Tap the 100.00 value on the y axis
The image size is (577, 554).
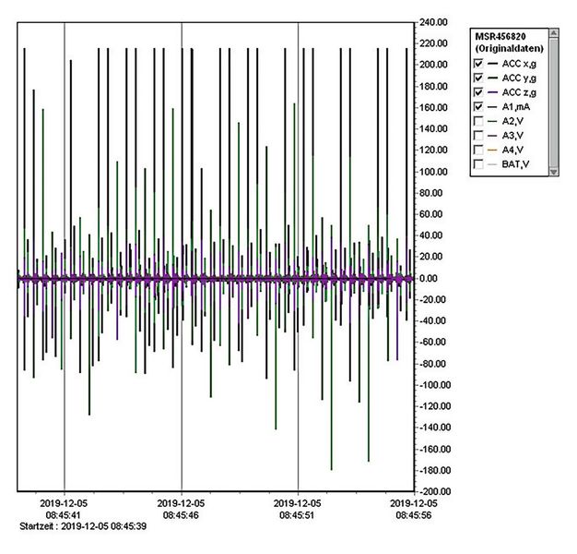(x=431, y=172)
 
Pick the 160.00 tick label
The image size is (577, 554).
(x=431, y=107)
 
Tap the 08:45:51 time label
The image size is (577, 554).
(x=299, y=515)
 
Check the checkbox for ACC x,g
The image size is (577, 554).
(x=477, y=63)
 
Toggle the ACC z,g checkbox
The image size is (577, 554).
(x=477, y=91)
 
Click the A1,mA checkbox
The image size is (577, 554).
(x=477, y=106)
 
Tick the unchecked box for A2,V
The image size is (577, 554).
(x=477, y=121)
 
